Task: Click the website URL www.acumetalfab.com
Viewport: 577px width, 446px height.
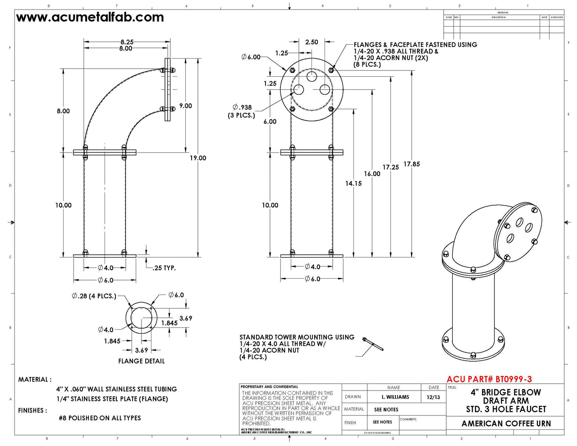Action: coord(90,18)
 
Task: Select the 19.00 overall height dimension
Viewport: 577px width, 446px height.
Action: coord(197,158)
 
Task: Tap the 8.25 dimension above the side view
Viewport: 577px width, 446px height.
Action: coord(127,42)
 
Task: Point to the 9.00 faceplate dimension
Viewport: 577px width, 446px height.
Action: coord(185,106)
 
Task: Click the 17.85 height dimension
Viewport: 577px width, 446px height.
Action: coord(412,164)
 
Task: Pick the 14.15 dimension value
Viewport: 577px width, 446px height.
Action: coord(353,183)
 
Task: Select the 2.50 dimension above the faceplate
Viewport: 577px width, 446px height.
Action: coord(311,42)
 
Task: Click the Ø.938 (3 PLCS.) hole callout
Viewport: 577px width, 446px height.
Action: coord(242,111)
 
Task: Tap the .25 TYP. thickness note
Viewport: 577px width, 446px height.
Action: coord(164,268)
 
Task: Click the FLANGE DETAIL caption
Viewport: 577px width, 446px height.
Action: coord(142,361)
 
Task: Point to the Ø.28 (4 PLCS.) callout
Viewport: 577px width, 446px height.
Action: coord(94,296)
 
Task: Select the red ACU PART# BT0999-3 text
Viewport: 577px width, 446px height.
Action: coord(489,379)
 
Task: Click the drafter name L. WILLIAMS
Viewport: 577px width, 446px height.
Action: coord(395,397)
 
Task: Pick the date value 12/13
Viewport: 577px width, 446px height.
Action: coord(433,397)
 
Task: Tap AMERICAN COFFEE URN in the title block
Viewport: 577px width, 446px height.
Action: coord(506,423)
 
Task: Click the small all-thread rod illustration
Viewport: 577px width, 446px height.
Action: coord(373,345)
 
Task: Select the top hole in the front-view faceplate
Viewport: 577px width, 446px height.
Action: coord(312,76)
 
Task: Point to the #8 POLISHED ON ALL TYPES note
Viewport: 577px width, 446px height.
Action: coord(100,418)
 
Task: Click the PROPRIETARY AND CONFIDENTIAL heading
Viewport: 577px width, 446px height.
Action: coord(270,387)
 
